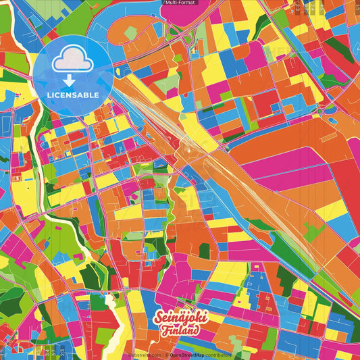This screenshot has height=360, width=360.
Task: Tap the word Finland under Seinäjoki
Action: coord(180,331)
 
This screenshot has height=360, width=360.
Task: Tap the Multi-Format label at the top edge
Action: coord(179,3)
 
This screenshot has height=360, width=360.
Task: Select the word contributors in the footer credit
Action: coord(217,354)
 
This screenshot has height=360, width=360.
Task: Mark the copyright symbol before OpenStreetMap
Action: coord(167,354)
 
